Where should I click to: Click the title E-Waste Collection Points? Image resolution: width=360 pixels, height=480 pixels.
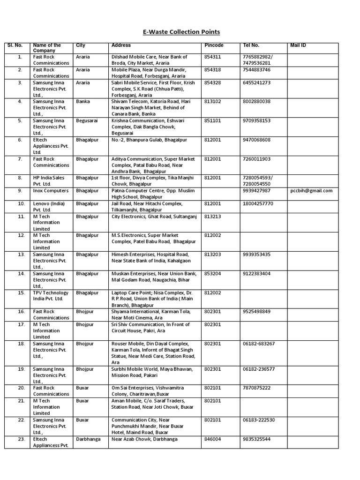[x=180, y=32]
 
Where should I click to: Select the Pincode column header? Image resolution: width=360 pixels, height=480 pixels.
[x=214, y=45]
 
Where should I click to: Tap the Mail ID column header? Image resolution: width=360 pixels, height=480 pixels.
[x=298, y=45]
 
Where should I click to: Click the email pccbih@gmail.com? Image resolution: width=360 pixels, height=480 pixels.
[x=311, y=191]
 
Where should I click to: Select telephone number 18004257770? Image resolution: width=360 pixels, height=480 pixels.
[x=258, y=204]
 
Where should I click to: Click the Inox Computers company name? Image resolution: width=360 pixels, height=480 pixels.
[x=51, y=191]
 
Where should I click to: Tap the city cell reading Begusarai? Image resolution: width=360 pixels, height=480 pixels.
[x=87, y=120]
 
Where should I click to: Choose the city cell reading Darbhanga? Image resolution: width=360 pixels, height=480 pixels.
[x=88, y=439]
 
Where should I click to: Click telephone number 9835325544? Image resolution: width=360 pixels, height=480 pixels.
[x=257, y=439]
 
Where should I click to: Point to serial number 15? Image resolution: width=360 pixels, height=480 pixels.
[x=20, y=293]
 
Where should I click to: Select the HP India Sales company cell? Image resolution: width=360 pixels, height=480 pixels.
[x=50, y=181]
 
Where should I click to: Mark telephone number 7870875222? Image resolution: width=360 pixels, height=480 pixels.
[x=257, y=388]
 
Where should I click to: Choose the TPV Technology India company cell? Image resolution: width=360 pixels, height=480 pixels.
[x=51, y=296]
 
